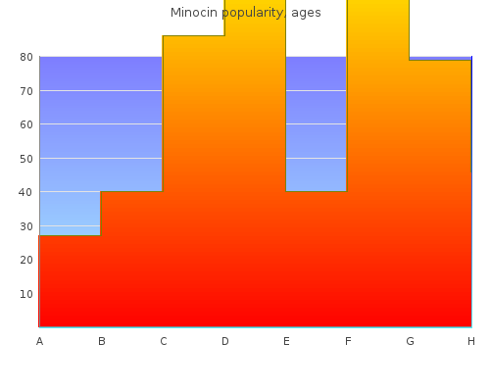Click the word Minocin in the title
(x=194, y=13)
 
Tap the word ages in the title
(x=306, y=13)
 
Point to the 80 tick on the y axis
(x=26, y=57)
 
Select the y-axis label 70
(x=26, y=91)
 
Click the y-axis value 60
(x=26, y=124)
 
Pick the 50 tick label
(x=26, y=159)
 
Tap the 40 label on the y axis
(x=25, y=192)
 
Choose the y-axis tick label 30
(x=26, y=226)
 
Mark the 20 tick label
(x=26, y=260)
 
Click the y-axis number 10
(x=26, y=294)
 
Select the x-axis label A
(x=40, y=341)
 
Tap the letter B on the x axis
(x=102, y=341)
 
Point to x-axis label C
(x=164, y=341)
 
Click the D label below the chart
(x=225, y=341)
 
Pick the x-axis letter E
(x=286, y=341)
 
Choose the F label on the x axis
(x=348, y=341)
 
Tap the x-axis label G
(x=410, y=341)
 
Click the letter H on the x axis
(x=471, y=341)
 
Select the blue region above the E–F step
(x=317, y=123)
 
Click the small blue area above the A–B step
(x=70, y=213)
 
